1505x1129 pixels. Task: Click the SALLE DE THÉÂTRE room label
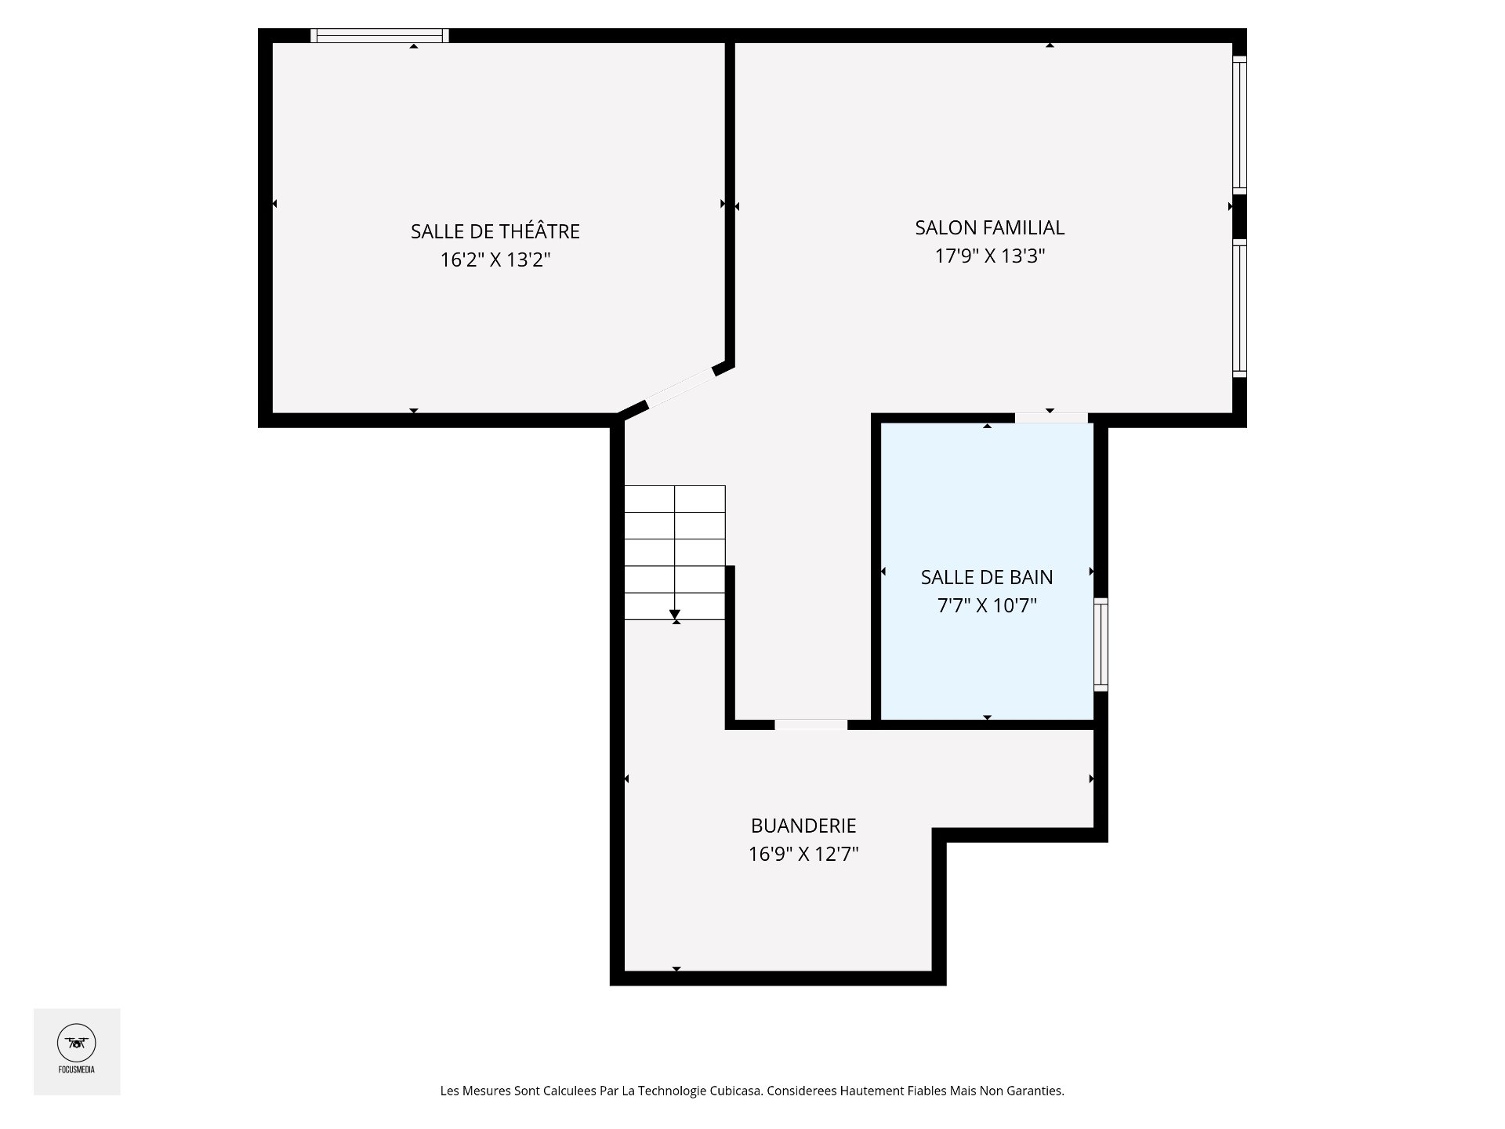(495, 231)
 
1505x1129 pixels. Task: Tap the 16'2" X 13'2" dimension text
(495, 260)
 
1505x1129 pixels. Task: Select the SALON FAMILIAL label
(989, 227)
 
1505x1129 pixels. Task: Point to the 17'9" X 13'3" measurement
(990, 256)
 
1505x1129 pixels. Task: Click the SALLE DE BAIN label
(987, 577)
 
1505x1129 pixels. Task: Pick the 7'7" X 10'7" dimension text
(987, 605)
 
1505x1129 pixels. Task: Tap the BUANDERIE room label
(803, 826)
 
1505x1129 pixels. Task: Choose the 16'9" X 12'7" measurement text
(803, 854)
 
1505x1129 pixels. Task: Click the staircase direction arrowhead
(675, 615)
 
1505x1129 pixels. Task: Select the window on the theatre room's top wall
(379, 35)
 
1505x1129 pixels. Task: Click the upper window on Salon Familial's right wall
(1239, 125)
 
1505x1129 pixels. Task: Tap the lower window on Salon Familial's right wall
(1239, 308)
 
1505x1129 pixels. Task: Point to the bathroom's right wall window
(1101, 644)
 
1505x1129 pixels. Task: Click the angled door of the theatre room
(680, 389)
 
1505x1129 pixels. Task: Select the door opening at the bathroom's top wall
(1051, 418)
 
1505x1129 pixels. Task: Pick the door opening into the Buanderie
(811, 724)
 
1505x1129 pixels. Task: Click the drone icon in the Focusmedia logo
(77, 1043)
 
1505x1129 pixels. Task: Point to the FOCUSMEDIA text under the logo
(77, 1069)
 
